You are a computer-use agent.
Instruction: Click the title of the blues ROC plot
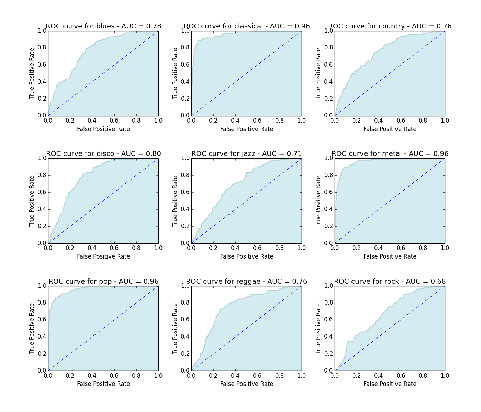pos(103,26)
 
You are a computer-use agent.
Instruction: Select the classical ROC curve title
pos(247,26)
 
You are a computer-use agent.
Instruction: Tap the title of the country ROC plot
pos(390,26)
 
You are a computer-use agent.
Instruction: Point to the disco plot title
pos(103,154)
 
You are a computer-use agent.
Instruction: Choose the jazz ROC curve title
pos(247,154)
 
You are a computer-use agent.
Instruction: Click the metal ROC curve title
pos(390,154)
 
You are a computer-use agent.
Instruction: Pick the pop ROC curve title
pos(103,282)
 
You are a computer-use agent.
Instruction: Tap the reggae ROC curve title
pos(247,282)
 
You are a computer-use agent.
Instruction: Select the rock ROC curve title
pos(390,282)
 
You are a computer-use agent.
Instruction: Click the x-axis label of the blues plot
pos(103,129)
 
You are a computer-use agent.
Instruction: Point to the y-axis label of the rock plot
pos(318,328)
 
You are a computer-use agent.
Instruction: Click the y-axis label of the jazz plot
pos(175,201)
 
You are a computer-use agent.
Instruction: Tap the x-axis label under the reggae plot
pos(247,384)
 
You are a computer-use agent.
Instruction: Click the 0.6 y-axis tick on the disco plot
pos(42,192)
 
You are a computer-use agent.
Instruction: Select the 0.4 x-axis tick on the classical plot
pos(235,121)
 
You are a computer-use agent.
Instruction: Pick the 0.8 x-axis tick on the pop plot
pos(136,376)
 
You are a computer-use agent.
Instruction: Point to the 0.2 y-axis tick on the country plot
pos(328,99)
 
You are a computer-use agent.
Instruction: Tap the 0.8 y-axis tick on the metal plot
pos(328,175)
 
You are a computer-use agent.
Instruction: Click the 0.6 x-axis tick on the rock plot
pos(401,376)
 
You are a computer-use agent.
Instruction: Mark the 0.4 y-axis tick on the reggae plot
pos(185,337)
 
